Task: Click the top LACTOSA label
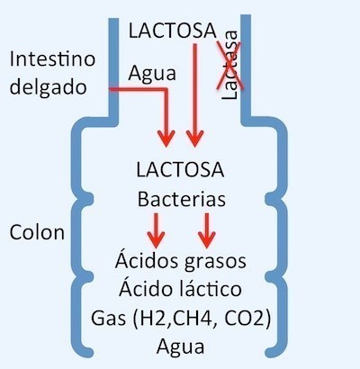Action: (x=173, y=31)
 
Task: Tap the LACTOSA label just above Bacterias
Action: (x=180, y=169)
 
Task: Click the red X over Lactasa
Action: (x=229, y=66)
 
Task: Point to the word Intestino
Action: (x=52, y=58)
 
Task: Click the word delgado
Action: (x=49, y=88)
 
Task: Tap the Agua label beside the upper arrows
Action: (x=152, y=74)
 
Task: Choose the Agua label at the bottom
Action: (x=181, y=346)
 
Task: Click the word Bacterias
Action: (x=182, y=199)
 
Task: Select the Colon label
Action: (x=37, y=232)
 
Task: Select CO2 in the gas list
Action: (x=241, y=319)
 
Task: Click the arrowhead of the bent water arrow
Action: (x=166, y=139)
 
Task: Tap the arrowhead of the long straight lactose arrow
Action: (x=194, y=139)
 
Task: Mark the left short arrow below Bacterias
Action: (x=156, y=230)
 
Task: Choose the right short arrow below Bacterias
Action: (x=207, y=230)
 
